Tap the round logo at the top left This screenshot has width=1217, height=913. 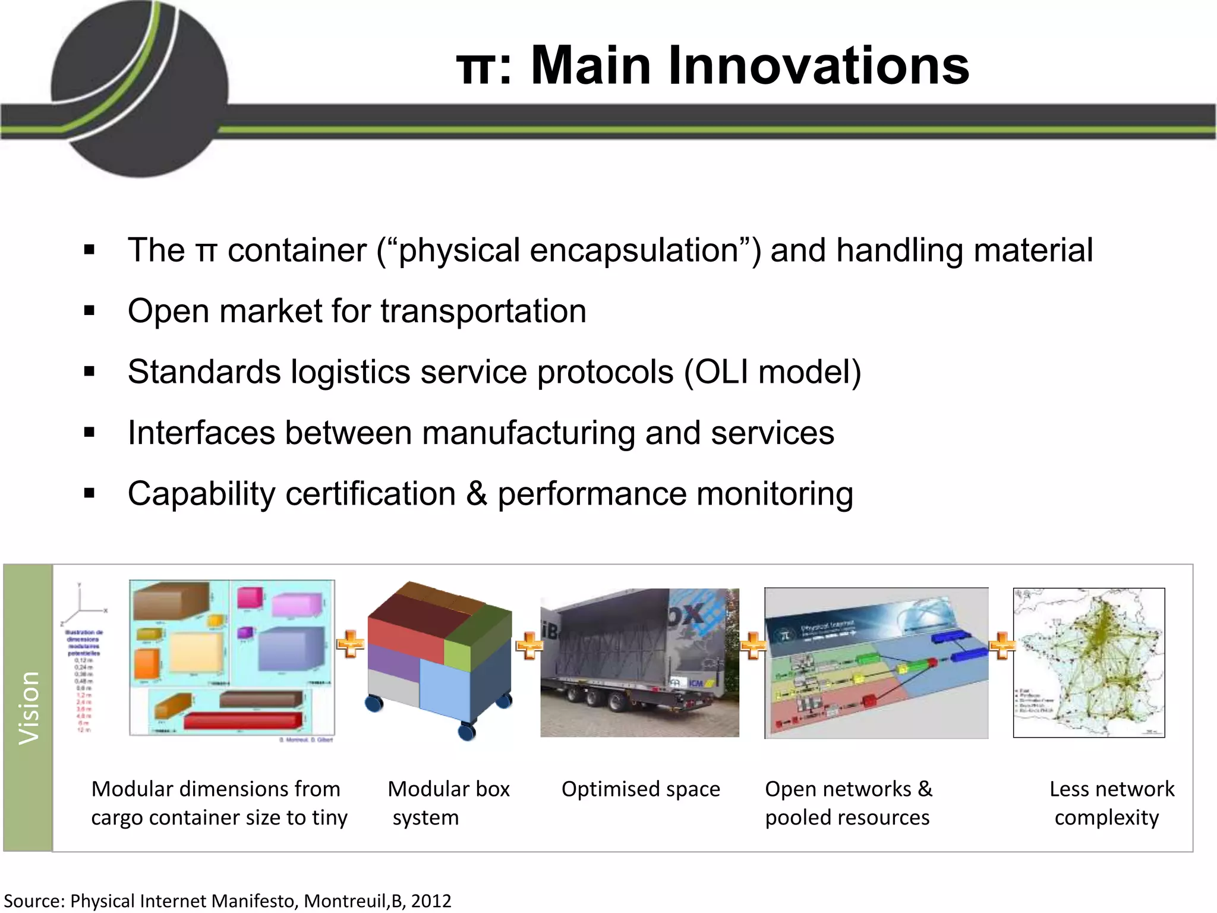coord(140,89)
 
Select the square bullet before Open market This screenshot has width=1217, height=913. coord(90,311)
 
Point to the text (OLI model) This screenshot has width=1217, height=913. coord(772,372)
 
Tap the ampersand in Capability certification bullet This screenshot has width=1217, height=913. coord(477,494)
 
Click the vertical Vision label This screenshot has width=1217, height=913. coord(29,707)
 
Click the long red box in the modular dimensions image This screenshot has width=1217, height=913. coord(242,722)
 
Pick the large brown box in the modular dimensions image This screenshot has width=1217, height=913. coord(171,602)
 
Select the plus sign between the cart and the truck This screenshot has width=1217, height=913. coord(528,646)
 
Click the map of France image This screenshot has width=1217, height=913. coord(1089,662)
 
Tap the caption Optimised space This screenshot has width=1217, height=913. coord(641,789)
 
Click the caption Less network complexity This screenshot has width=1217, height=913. coord(1111,803)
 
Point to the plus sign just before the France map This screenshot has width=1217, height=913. coord(1002,646)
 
